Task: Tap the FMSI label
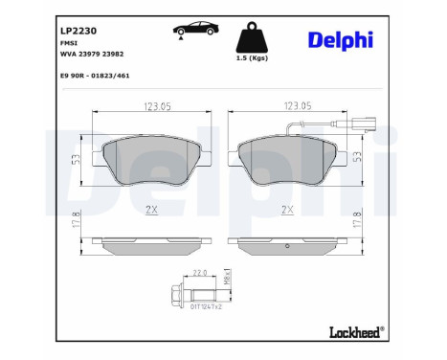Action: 69,43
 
